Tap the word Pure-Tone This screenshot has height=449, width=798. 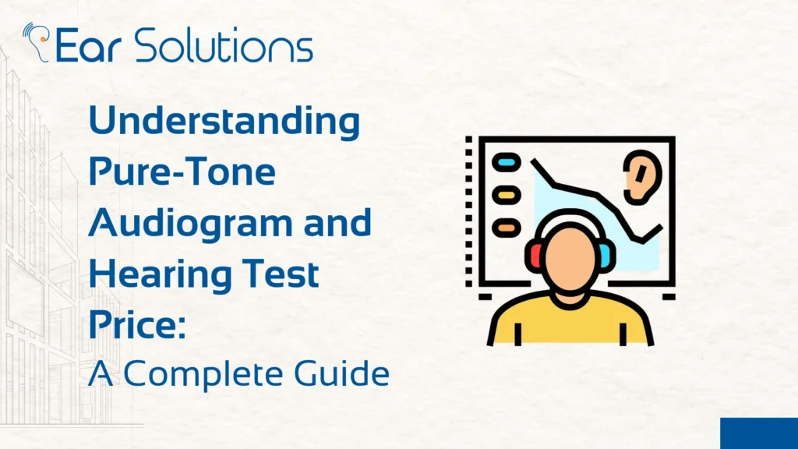[182, 172]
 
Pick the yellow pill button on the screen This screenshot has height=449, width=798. [507, 194]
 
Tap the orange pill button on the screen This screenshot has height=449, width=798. [507, 226]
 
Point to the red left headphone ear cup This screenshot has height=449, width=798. [534, 256]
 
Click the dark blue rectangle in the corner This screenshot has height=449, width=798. [758, 433]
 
